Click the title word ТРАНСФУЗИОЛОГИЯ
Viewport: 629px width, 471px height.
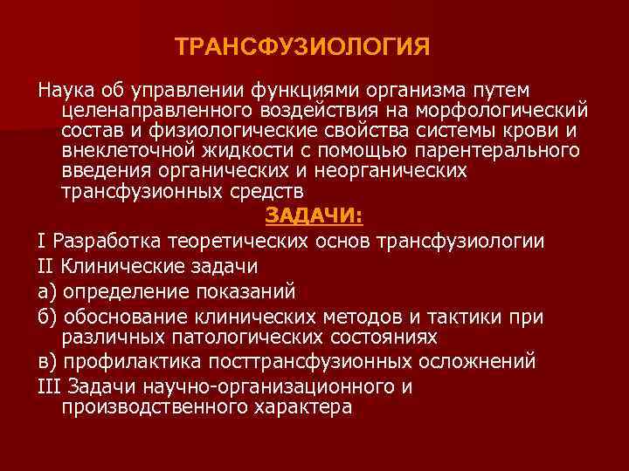pos(302,46)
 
